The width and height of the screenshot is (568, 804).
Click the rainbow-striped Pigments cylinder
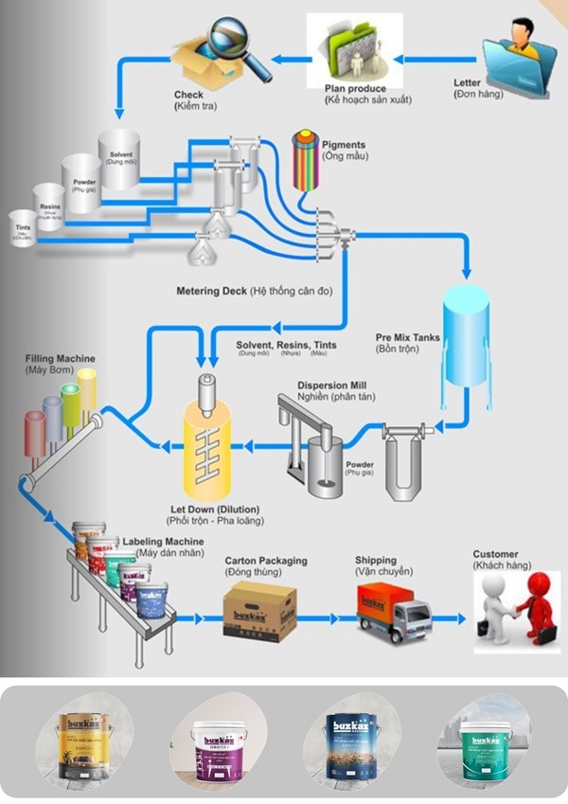click(x=304, y=160)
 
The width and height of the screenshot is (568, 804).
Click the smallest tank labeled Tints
click(x=21, y=228)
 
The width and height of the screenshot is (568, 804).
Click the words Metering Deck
click(x=212, y=291)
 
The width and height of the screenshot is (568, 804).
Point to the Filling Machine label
click(x=61, y=359)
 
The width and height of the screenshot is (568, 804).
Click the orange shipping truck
click(x=393, y=611)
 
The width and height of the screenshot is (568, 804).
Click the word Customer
click(x=496, y=554)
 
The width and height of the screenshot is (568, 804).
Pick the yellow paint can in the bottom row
click(x=84, y=743)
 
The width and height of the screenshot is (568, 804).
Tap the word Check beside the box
click(x=189, y=95)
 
